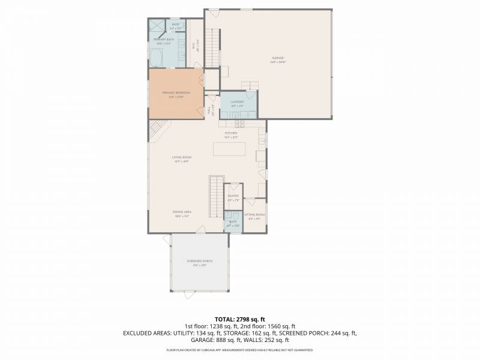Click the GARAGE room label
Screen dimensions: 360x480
(x=278, y=59)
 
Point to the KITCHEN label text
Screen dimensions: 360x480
(x=231, y=134)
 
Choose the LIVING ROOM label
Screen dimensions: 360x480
(x=181, y=158)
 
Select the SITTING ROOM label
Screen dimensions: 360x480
(x=254, y=215)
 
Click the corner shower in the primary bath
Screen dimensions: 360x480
(x=157, y=27)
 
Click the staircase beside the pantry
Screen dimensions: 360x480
(x=215, y=197)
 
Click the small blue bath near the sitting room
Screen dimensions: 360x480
(x=233, y=223)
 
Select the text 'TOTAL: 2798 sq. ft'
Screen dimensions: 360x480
(x=239, y=319)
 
